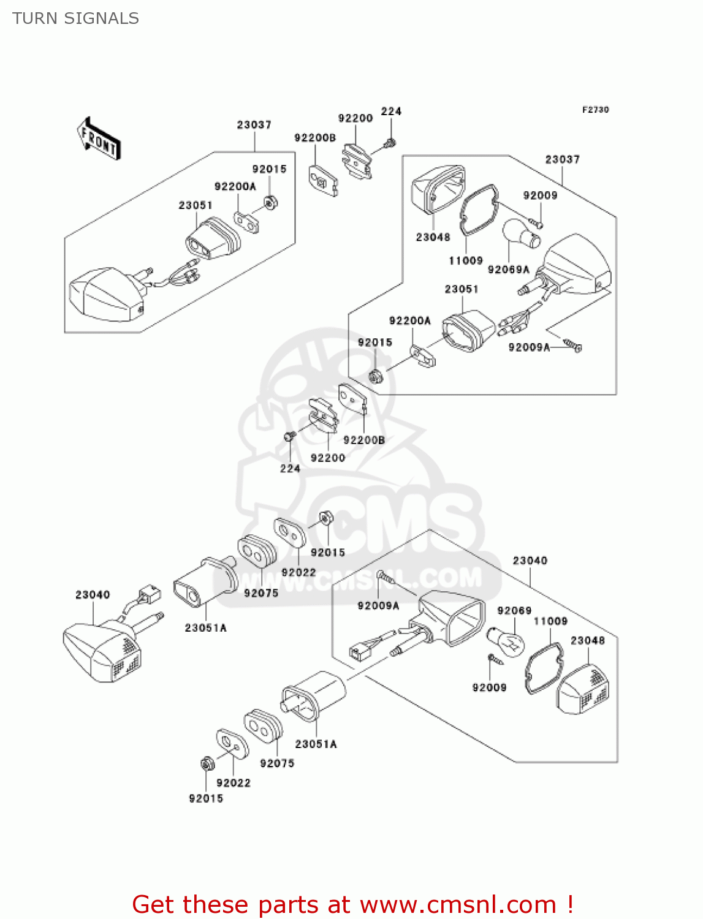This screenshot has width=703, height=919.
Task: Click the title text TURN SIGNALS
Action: pyautogui.click(x=75, y=18)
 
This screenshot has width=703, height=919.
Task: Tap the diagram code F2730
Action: pyautogui.click(x=595, y=110)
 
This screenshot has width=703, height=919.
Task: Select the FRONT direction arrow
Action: pyautogui.click(x=99, y=139)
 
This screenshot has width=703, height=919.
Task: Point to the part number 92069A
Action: pyautogui.click(x=508, y=270)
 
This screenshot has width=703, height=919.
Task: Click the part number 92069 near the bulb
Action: pyautogui.click(x=514, y=610)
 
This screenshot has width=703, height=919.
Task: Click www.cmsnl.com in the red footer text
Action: pyautogui.click(x=458, y=904)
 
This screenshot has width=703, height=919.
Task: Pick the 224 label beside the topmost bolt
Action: pyautogui.click(x=391, y=111)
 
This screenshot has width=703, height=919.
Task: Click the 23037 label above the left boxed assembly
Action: pyautogui.click(x=254, y=125)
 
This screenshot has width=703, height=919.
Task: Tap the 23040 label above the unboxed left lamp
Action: pyautogui.click(x=93, y=595)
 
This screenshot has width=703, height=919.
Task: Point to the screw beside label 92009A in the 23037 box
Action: pyautogui.click(x=572, y=346)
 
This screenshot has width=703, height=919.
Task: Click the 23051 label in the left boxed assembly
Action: pyautogui.click(x=196, y=205)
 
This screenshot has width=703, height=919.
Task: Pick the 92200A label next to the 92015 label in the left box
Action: pyautogui.click(x=235, y=186)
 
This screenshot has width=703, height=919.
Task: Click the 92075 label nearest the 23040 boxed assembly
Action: pyautogui.click(x=277, y=763)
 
